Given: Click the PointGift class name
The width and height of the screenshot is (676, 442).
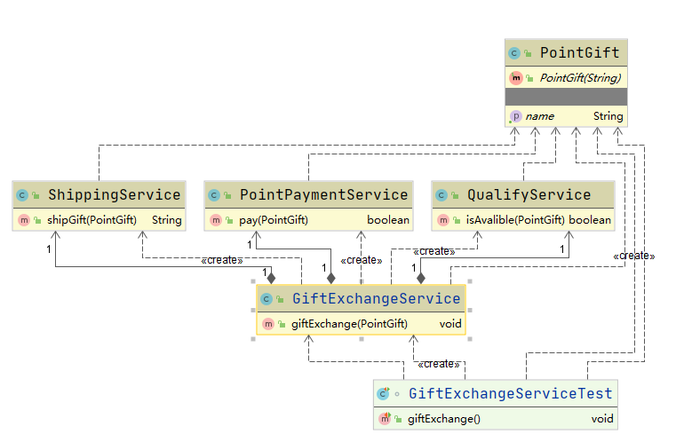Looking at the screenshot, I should pos(579,53).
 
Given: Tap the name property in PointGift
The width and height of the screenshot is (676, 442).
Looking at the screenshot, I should pos(539,116).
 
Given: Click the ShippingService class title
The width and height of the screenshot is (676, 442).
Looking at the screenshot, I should pos(114,194).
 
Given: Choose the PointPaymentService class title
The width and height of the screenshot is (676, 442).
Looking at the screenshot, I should pos(323,194).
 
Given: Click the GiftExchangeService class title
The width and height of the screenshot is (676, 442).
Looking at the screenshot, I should pos(376,298).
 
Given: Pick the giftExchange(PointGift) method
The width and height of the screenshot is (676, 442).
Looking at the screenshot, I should pos(349,324).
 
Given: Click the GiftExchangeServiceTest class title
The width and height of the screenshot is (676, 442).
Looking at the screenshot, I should pos(510,393).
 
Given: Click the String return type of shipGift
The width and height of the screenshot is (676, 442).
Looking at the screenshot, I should pos(167,219).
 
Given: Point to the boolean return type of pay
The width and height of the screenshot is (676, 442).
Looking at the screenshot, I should pos(388,219).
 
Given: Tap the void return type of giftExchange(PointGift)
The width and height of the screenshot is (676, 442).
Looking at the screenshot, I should pos(450,324).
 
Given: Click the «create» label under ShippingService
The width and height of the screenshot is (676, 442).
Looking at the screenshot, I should pos(222,260).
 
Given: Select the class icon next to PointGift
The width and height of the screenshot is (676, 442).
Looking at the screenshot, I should pos(514,53).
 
